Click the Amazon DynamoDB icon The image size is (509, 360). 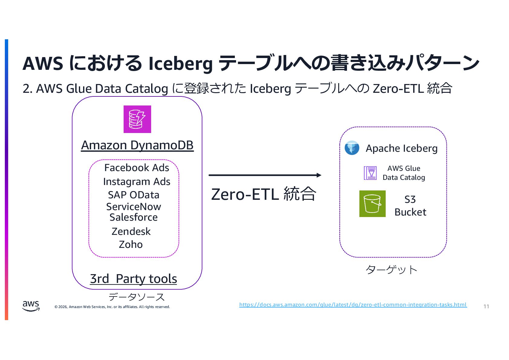click(x=137, y=119)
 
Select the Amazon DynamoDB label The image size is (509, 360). click(x=137, y=145)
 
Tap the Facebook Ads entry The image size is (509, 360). click(x=137, y=168)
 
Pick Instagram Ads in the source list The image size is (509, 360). click(x=137, y=182)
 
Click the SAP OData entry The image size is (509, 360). click(x=134, y=195)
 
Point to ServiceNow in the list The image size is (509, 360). click(x=134, y=207)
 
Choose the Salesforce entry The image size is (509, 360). click(x=134, y=217)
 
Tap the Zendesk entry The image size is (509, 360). click(x=131, y=232)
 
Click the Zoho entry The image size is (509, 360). click(x=131, y=245)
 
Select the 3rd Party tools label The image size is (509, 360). click(x=134, y=279)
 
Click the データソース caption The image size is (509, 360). click(x=137, y=297)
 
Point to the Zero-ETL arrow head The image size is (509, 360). click(x=319, y=175)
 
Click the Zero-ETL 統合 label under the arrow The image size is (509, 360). click(x=264, y=194)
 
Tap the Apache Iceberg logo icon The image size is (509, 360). click(x=352, y=148)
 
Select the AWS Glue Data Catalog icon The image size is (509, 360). click(x=370, y=173)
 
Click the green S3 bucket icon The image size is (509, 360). click(x=372, y=204)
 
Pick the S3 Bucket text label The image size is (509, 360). click(x=410, y=206)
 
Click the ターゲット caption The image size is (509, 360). click(x=391, y=269)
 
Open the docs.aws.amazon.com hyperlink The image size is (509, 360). click(x=353, y=305)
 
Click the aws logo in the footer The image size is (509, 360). click(x=31, y=306)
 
